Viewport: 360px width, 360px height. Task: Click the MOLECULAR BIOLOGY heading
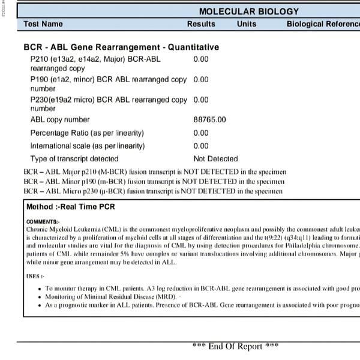pos(248,11)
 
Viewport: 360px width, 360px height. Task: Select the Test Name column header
pos(43,24)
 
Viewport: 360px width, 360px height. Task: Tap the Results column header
pos(201,24)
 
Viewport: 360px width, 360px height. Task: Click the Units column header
pos(246,24)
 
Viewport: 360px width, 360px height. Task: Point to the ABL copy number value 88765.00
pos(209,120)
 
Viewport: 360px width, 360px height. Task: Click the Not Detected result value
pos(215,159)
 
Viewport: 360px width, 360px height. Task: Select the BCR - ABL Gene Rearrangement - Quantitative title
pos(121,47)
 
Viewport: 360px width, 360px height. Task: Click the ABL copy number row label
pos(60,120)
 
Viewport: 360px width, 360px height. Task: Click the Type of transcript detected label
pos(74,159)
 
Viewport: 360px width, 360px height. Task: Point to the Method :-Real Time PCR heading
pos(71,207)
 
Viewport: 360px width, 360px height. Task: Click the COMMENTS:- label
pos(43,221)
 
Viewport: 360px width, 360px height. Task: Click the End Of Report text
pos(235,346)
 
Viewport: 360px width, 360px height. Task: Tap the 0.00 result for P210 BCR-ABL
pos(201,59)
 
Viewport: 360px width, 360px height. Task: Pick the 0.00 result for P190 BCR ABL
pos(201,79)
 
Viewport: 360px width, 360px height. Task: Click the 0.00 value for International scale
pos(201,146)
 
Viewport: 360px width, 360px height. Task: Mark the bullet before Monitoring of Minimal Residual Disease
pos(39,297)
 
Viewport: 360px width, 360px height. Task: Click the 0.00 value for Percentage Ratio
pos(201,133)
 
